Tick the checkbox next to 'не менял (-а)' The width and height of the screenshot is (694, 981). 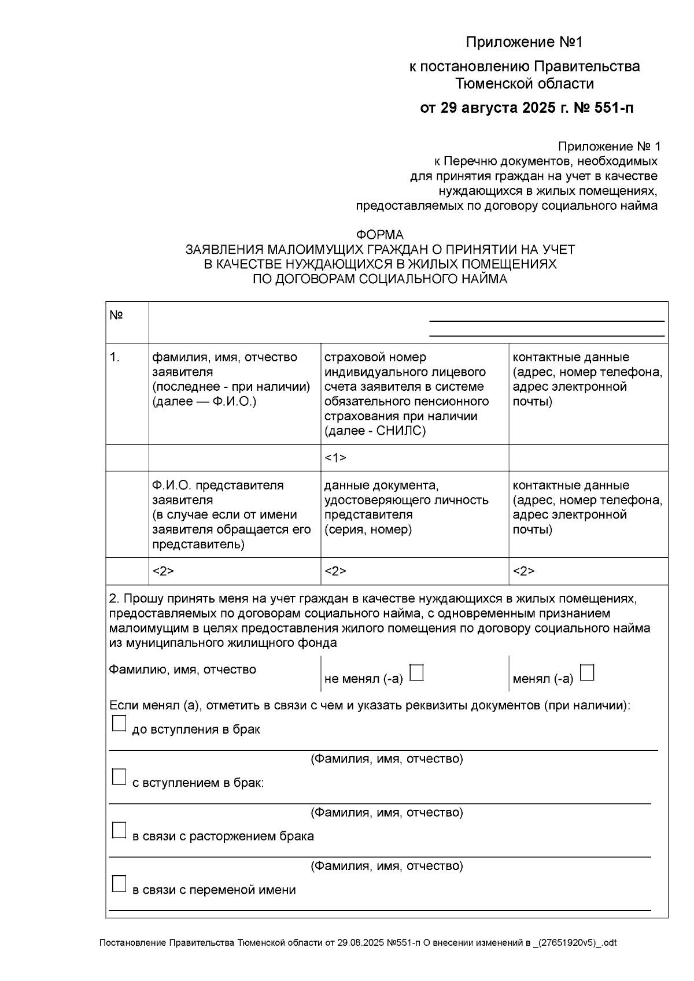coord(416,673)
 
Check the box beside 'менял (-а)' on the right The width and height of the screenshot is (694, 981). coord(587,673)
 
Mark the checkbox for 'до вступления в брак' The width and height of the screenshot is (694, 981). coord(119,724)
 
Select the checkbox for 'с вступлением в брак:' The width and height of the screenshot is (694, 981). coord(119,778)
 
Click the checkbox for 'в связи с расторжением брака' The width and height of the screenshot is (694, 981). coord(119,831)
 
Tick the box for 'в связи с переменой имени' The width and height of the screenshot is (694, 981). coord(119,884)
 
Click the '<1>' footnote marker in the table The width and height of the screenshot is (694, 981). coord(335,458)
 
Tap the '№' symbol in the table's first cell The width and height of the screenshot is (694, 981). coord(116,316)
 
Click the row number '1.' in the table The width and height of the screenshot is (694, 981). coord(115,357)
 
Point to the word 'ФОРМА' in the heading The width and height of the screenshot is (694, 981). coord(379,235)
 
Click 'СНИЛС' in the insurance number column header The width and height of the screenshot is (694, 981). coord(401,431)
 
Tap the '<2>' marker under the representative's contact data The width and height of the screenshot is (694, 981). coord(523,571)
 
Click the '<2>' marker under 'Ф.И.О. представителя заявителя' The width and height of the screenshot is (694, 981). coord(163,571)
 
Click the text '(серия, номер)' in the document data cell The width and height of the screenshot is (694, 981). coord(368,530)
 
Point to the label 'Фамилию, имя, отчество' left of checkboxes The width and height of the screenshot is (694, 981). coord(183,669)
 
